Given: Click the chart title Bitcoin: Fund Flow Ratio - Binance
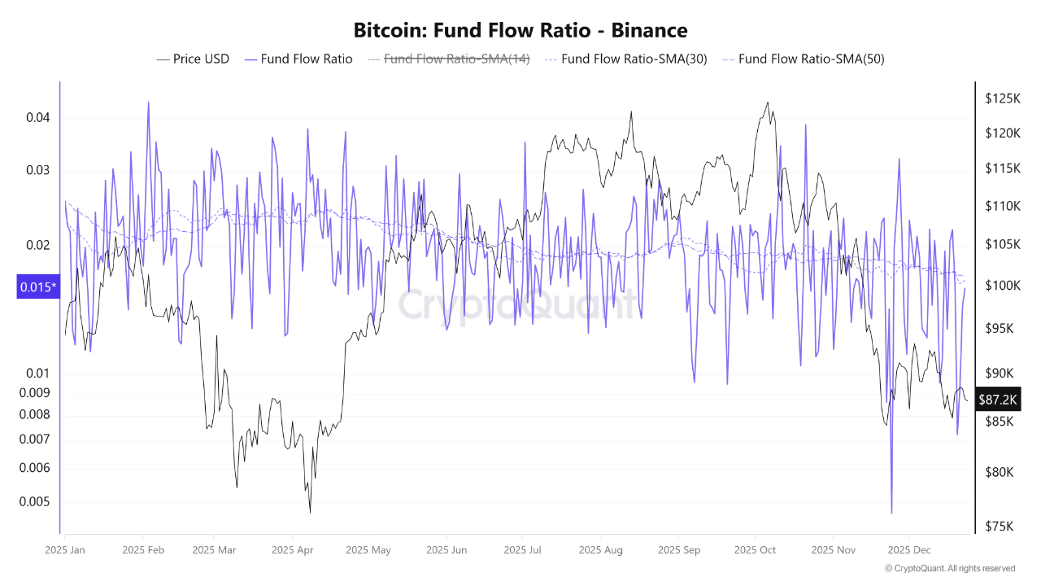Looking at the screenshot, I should (520, 31).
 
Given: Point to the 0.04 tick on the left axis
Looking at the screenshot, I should (38, 118).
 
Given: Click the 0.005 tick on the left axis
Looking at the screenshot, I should (35, 502).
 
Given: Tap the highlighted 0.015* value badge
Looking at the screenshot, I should (37, 286).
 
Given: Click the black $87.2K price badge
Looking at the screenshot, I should (998, 400).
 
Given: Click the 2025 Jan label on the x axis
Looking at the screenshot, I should (66, 550).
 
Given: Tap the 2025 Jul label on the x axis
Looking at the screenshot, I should (523, 550).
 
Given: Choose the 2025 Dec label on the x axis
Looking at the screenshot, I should (909, 550).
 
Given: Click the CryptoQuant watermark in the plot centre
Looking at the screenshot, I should (517, 305).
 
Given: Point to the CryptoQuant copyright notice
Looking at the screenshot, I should (950, 568).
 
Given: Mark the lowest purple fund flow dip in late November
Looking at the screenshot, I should (891, 513).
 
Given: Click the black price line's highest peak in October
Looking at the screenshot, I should (767, 103).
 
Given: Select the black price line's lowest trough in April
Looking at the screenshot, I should (310, 512).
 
